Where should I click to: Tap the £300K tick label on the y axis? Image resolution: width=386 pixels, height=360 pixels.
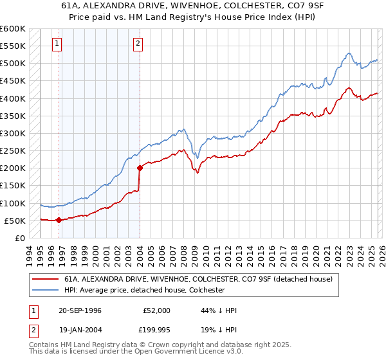coord(13,134)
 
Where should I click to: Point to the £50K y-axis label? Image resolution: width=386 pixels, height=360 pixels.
coord(15,221)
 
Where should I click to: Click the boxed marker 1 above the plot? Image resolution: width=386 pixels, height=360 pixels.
coord(58,44)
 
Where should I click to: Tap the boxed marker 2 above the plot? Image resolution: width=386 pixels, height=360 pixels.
coord(138,44)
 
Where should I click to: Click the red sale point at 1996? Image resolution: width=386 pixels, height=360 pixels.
coord(59,220)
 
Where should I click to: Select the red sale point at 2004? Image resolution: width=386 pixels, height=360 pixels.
coord(140,168)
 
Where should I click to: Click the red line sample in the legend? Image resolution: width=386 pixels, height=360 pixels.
coord(45,279)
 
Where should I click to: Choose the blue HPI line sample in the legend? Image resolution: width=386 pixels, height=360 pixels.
coord(45,290)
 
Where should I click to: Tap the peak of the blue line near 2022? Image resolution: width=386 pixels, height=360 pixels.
coord(347,53)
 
